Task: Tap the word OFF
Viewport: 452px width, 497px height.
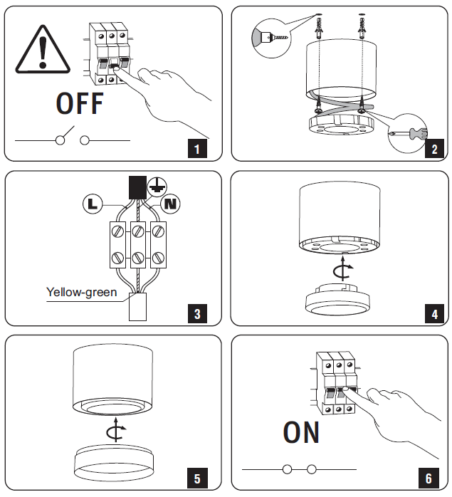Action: coord(80,104)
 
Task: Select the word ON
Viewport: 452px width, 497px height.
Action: coord(301,432)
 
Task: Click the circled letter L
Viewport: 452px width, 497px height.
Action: coord(91,204)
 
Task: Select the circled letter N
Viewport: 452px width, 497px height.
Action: coord(171,204)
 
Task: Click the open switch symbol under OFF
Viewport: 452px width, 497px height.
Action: coord(71,137)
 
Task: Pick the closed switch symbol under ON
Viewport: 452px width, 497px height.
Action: coord(299,470)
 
